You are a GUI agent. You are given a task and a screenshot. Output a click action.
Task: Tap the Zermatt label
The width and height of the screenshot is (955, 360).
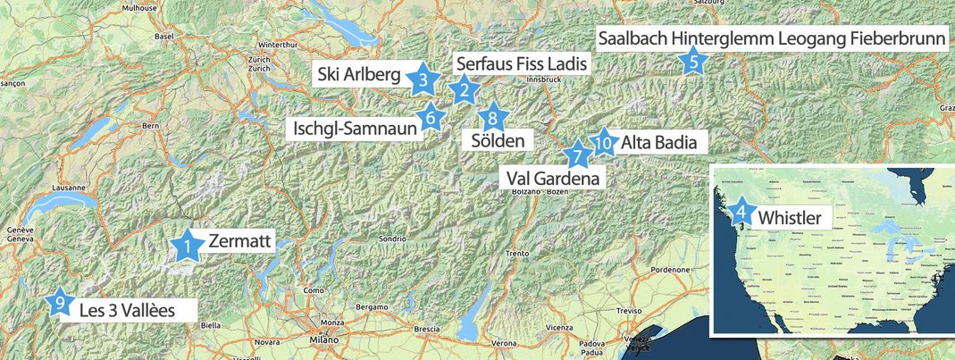239,241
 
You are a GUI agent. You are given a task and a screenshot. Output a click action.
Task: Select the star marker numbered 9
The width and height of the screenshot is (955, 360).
60,304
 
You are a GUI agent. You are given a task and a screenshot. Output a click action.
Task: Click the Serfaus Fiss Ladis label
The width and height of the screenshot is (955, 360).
523,63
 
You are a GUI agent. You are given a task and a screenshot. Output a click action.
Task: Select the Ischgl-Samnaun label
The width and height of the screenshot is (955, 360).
355,129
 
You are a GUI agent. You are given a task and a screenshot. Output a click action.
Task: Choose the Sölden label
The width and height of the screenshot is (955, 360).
497,140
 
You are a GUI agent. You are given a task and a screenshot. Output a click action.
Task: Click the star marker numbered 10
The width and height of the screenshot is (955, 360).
604,141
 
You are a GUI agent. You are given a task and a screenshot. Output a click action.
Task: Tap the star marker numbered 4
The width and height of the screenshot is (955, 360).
741,213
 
